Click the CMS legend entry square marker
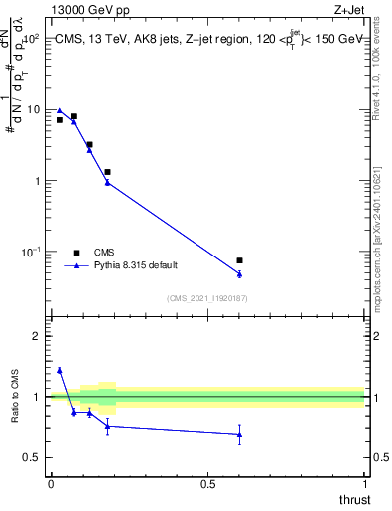click(76, 253)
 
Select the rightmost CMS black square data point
click(239, 260)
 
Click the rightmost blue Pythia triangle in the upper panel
click(239, 273)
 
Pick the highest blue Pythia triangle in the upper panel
click(60, 110)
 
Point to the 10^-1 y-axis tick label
click(31, 253)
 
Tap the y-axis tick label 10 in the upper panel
click(33, 110)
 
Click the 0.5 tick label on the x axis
click(207, 483)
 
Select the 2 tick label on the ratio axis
click(36, 336)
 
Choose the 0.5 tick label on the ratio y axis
click(32, 458)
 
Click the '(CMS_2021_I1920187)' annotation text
click(207, 297)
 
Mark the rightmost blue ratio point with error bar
click(239, 434)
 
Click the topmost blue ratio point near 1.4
click(60, 370)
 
